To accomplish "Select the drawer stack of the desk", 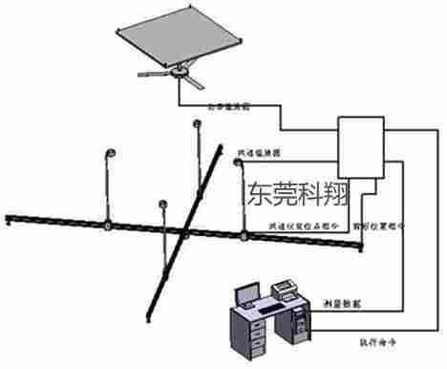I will click(x=244, y=339).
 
